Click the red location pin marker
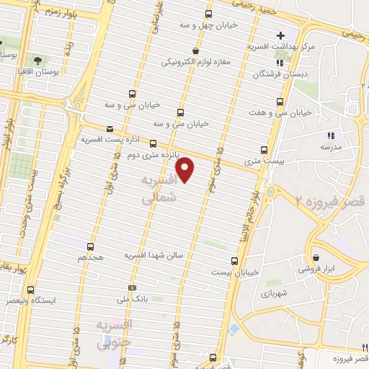tap(186, 169)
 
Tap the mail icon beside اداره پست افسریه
tap(110, 129)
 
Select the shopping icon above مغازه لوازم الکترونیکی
tap(196, 50)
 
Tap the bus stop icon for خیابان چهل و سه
tap(208, 14)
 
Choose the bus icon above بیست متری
tap(264, 150)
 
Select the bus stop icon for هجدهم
tap(91, 246)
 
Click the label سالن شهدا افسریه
tap(156, 255)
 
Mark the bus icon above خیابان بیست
tap(234, 261)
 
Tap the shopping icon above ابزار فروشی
tap(316, 258)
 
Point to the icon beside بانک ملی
tap(121, 296)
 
